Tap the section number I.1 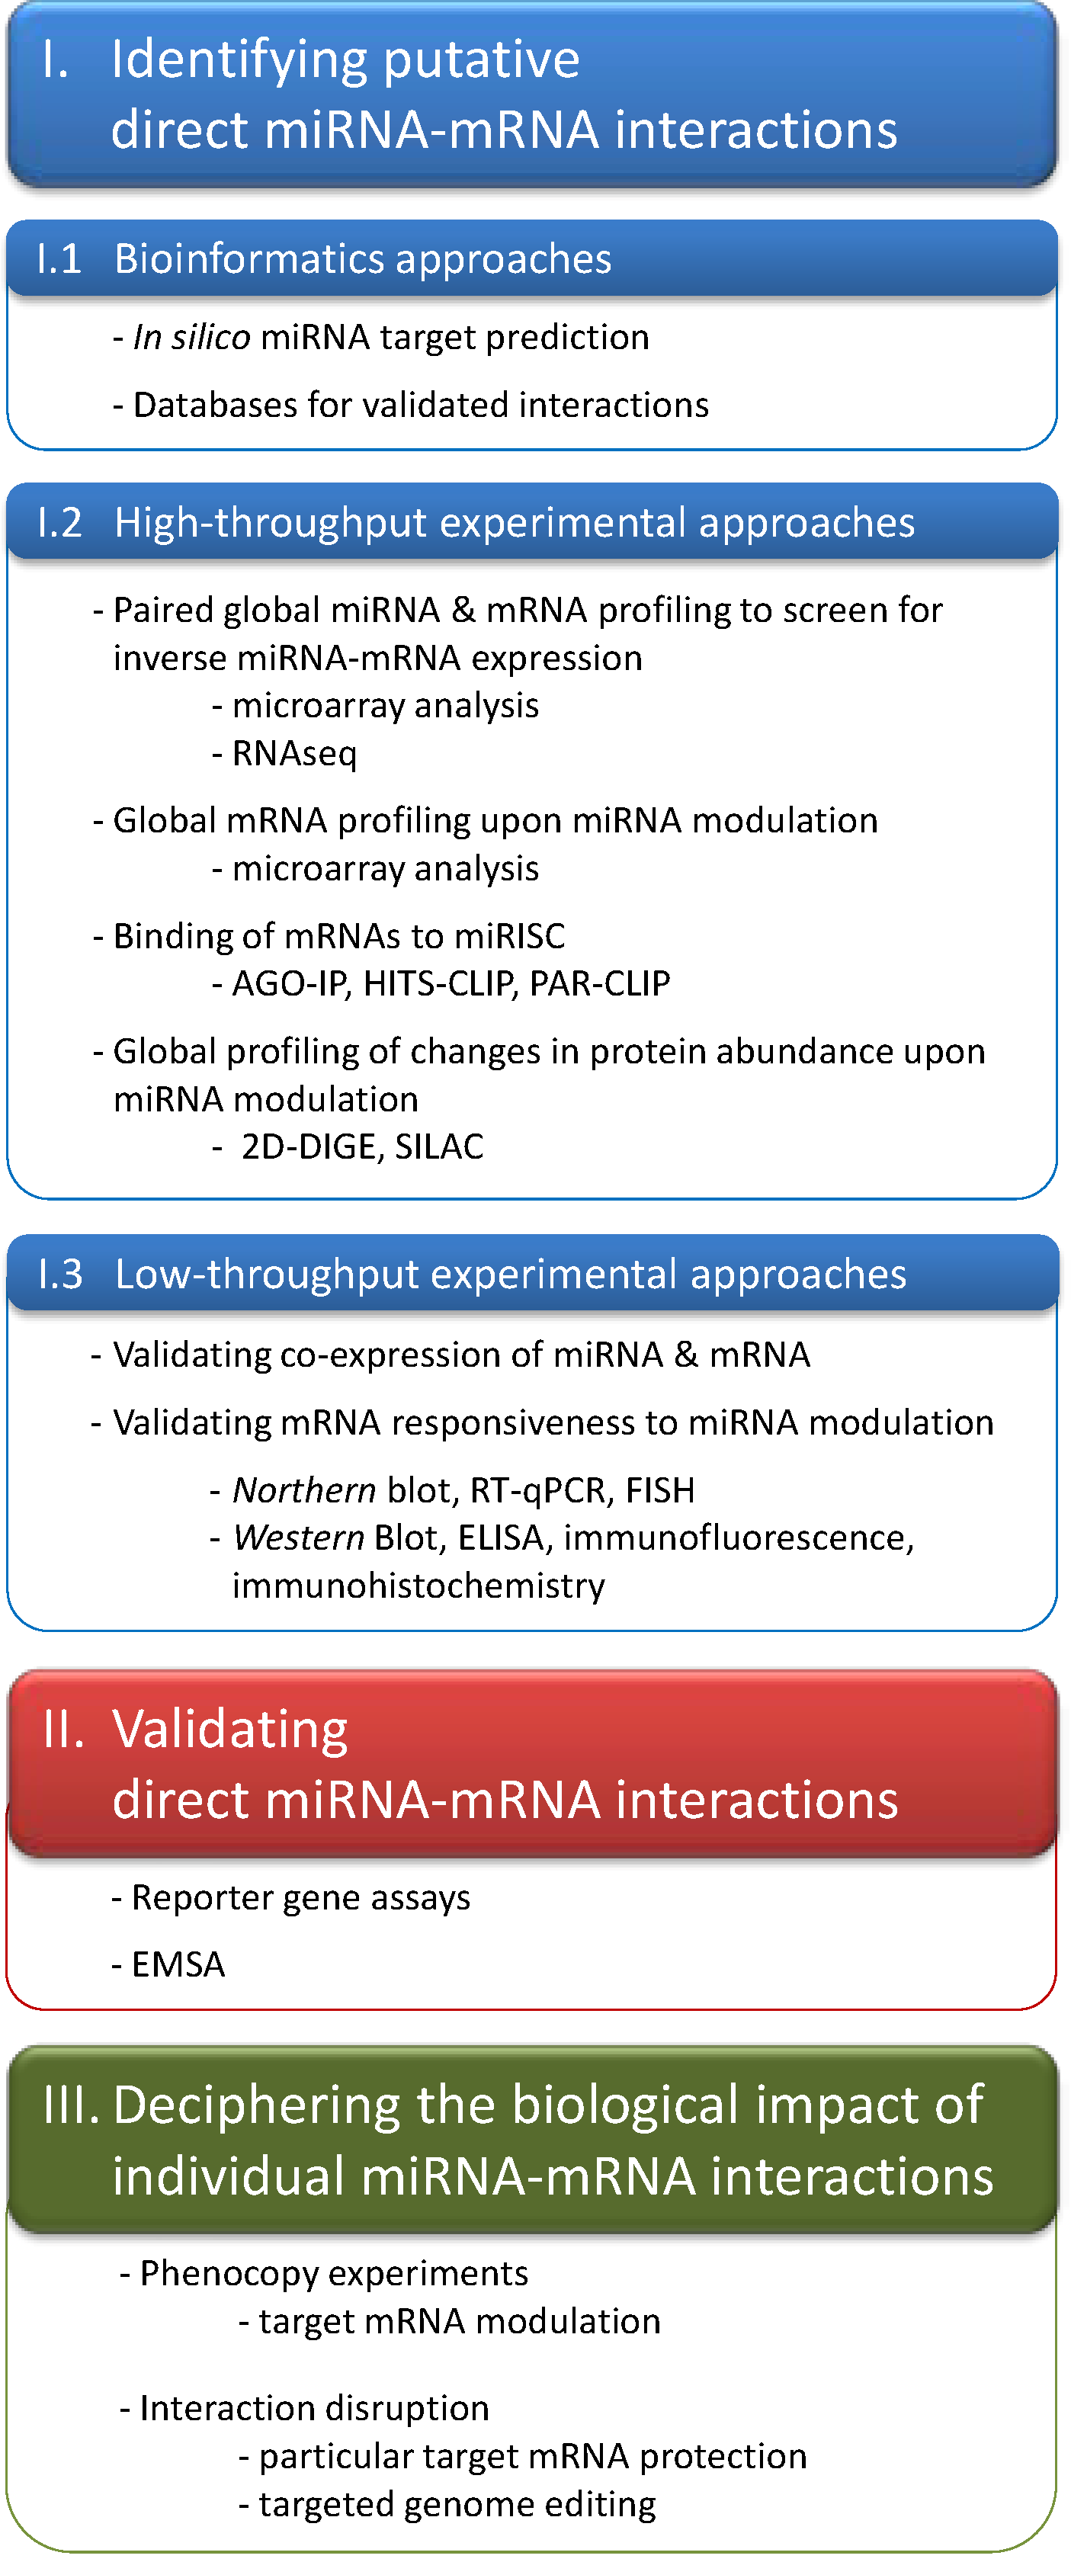click(x=59, y=260)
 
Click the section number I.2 click(x=59, y=523)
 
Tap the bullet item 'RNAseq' click(x=294, y=754)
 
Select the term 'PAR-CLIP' click(x=600, y=983)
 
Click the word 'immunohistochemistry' click(x=418, y=1586)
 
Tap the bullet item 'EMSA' click(x=178, y=1965)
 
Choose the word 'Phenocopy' click(x=229, y=2274)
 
